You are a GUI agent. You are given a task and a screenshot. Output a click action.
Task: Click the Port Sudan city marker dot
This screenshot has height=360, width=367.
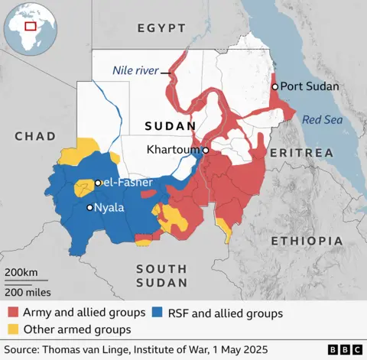coord(275,87)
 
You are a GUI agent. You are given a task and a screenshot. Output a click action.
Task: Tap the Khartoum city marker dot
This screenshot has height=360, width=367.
coord(205,151)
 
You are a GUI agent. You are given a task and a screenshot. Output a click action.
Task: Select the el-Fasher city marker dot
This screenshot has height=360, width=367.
coord(98,183)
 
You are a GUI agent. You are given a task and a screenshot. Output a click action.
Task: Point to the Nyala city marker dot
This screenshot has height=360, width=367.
coord(90,207)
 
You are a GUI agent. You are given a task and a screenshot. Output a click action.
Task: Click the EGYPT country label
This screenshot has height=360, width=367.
coord(161,28)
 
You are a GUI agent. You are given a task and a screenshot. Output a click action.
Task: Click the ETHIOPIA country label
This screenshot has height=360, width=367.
coord(306,241)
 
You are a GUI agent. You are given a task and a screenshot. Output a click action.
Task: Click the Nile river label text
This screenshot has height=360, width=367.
coord(135,71)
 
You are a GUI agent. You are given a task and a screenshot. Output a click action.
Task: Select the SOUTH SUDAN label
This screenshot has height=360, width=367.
coord(161,275)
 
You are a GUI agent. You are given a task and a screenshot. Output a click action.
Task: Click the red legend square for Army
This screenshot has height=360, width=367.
coord(13,313)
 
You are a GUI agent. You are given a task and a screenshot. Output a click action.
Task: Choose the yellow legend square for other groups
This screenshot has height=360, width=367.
coord(13,329)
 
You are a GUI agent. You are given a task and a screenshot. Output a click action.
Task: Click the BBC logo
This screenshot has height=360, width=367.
coord(346,349)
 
